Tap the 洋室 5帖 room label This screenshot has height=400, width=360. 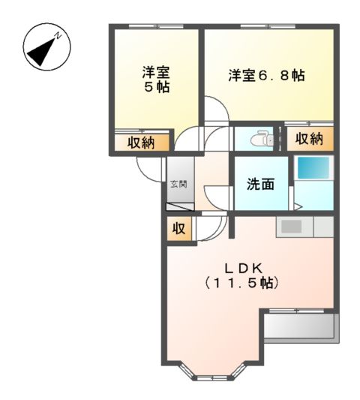tap(157, 80)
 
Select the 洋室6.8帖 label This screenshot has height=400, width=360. tap(266, 76)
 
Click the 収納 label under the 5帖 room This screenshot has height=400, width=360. tap(140, 142)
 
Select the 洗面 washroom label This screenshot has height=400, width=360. tap(260, 184)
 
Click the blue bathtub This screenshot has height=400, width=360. tap(309, 168)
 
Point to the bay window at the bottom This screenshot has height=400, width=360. tap(214, 372)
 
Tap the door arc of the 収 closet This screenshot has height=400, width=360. tap(205, 227)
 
